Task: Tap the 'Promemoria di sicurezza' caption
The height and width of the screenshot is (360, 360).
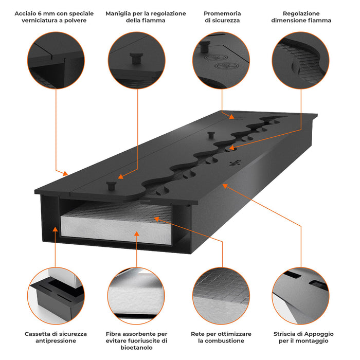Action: (222, 16)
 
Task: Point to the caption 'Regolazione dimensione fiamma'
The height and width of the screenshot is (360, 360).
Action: (301, 16)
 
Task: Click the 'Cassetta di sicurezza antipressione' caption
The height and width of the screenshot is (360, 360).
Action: (56, 337)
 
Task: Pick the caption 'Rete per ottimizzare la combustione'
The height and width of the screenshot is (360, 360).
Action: (221, 337)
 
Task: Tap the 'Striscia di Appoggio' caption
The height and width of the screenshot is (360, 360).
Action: (302, 337)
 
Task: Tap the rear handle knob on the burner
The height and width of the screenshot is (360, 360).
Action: (210, 135)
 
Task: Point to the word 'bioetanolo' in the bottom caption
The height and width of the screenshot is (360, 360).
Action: (136, 348)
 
